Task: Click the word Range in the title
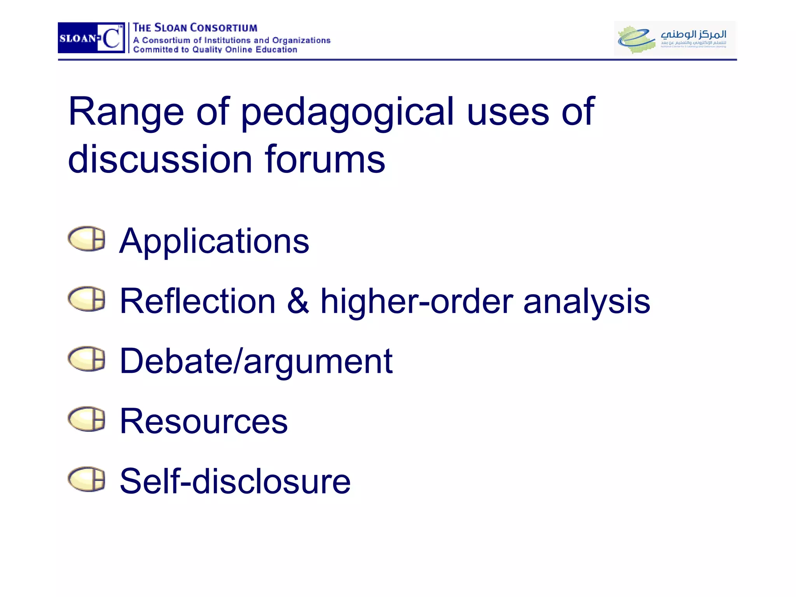[126, 113]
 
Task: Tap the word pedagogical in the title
[347, 113]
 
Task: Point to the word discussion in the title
[160, 159]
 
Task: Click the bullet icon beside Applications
[86, 238]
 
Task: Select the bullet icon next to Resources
[86, 419]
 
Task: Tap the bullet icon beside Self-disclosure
[86, 479]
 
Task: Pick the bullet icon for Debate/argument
[86, 359]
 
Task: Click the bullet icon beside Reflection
[86, 299]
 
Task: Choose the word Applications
[214, 241]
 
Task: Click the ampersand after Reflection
[298, 301]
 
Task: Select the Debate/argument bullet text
[256, 362]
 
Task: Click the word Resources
[204, 421]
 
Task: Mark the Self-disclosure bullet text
[235, 482]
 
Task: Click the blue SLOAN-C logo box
[91, 38]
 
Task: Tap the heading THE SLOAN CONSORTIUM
[195, 28]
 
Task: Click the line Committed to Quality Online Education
[215, 50]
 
